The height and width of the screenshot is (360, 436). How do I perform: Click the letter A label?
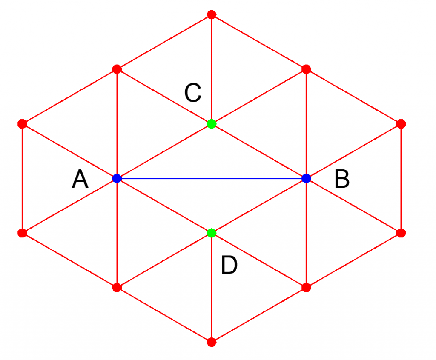(80, 179)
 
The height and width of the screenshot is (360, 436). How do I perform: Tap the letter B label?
(342, 179)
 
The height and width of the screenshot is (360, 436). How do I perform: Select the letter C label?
(192, 93)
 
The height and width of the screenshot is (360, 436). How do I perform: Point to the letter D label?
(229, 266)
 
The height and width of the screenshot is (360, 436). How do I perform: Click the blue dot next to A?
(117, 178)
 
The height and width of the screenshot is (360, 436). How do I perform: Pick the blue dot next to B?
(306, 178)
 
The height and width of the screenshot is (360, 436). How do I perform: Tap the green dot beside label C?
(212, 124)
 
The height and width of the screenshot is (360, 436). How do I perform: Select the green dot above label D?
(212, 233)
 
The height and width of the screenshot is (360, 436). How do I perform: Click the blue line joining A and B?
(212, 178)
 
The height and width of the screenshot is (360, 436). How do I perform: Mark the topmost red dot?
(212, 15)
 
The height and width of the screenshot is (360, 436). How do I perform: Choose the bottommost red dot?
(212, 342)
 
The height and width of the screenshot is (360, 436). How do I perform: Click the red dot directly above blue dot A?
(117, 69)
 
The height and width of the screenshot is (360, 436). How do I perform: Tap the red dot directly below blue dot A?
(117, 287)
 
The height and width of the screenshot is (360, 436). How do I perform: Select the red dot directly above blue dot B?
(306, 69)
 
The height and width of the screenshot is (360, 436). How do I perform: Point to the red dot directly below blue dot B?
(306, 287)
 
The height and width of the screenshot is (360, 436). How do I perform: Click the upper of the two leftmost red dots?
(23, 124)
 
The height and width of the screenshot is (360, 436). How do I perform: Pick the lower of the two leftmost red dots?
(23, 233)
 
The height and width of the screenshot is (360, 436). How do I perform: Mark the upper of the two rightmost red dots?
(401, 124)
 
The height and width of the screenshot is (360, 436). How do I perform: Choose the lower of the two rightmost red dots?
(401, 233)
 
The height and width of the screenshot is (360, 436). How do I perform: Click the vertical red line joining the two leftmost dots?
(23, 178)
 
